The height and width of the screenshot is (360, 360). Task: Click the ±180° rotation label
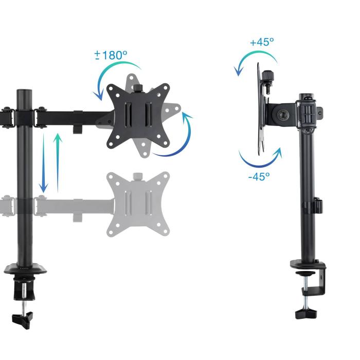111,55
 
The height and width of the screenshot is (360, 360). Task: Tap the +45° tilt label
262,42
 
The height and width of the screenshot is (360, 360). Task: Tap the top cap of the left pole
24,93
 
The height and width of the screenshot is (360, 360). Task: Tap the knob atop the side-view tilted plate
268,77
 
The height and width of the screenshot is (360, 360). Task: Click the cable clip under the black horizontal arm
78,128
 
